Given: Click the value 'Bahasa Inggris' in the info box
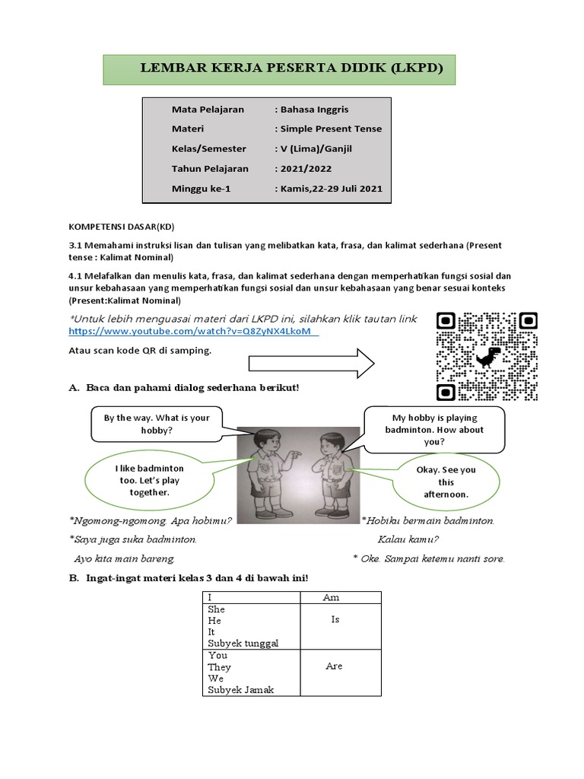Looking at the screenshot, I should (313, 110).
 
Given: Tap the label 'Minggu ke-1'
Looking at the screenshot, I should (201, 189).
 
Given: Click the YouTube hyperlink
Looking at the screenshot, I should (193, 332).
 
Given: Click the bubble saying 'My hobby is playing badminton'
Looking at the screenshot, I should (433, 429).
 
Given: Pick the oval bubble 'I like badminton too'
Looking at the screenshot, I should (148, 481).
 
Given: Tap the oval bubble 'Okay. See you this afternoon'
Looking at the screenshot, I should (446, 482).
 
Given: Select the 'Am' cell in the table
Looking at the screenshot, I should (331, 597).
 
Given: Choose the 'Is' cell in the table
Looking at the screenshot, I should (334, 620).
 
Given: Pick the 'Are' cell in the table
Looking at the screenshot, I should (334, 666).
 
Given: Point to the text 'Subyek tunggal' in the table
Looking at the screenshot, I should (243, 643).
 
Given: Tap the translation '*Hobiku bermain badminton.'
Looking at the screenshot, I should (428, 521).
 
